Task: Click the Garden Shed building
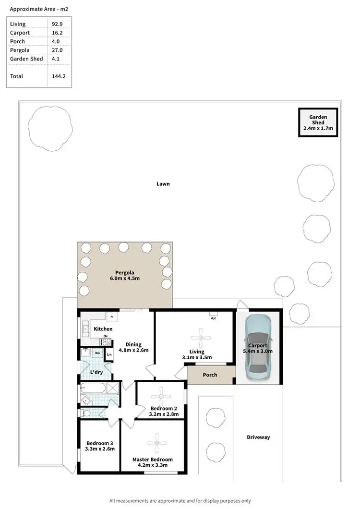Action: coord(318,122)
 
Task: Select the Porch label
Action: coord(210,375)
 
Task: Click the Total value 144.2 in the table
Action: coord(58,76)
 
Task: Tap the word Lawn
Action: coord(163,184)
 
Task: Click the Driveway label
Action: coord(258,437)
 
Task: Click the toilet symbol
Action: coord(87,412)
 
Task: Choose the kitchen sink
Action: coord(85,329)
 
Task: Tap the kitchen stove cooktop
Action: coord(106,342)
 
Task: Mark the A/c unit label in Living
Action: coord(213,318)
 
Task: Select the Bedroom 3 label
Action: coord(100,443)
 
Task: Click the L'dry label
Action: coord(97,373)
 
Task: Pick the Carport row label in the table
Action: coord(20,33)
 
